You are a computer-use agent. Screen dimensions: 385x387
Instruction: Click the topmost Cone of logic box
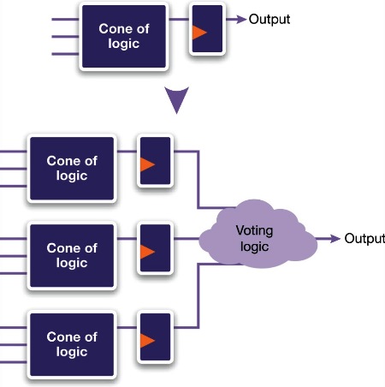point(124,36)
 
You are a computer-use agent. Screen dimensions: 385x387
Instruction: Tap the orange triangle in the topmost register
point(199,33)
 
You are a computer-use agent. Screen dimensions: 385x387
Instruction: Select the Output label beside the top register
point(269,20)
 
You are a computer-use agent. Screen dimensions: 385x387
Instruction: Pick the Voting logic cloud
point(258,234)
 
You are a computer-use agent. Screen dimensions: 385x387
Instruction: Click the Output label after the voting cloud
point(364,239)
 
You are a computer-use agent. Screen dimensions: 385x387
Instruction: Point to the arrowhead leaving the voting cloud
point(335,238)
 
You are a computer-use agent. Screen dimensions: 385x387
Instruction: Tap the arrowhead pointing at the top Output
point(241,20)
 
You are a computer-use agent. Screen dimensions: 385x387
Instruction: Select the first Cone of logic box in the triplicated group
point(72,169)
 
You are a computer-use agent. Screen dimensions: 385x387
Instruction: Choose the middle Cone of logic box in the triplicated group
point(72,256)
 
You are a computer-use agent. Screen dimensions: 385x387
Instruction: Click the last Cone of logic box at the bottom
point(72,344)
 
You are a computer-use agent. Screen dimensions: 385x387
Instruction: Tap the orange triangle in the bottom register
point(147,341)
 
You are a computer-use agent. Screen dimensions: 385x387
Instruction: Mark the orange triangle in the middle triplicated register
point(147,252)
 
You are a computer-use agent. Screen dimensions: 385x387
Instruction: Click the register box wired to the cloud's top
point(156,161)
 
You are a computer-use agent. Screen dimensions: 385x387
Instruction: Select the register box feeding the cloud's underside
point(156,336)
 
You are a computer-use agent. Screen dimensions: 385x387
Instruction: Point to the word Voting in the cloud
point(254,231)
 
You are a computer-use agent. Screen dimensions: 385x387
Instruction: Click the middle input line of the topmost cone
point(65,37)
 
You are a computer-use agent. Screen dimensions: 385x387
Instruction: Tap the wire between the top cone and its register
point(179,20)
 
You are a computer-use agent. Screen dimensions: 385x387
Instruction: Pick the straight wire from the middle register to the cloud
point(187,238)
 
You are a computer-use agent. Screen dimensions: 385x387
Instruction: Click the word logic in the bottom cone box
point(72,352)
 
